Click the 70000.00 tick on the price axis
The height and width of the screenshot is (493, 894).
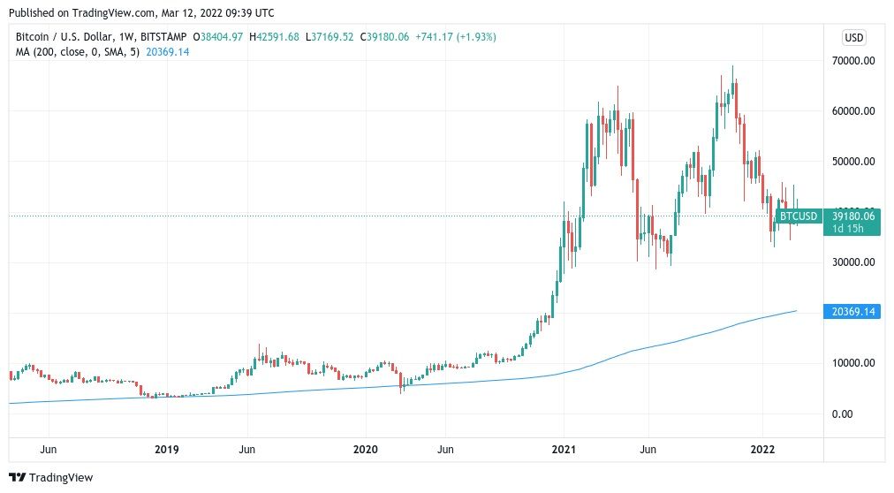852,60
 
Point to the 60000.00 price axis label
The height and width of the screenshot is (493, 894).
852,110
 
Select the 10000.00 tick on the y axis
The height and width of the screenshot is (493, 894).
852,362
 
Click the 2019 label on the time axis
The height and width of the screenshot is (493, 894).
167,450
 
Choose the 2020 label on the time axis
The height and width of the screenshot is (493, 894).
366,450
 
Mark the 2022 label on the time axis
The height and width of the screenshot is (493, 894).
763,450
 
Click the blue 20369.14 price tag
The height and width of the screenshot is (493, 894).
852,311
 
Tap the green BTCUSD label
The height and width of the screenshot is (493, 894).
799,216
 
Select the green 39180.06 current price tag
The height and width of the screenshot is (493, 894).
852,216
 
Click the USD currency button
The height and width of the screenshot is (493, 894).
854,38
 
